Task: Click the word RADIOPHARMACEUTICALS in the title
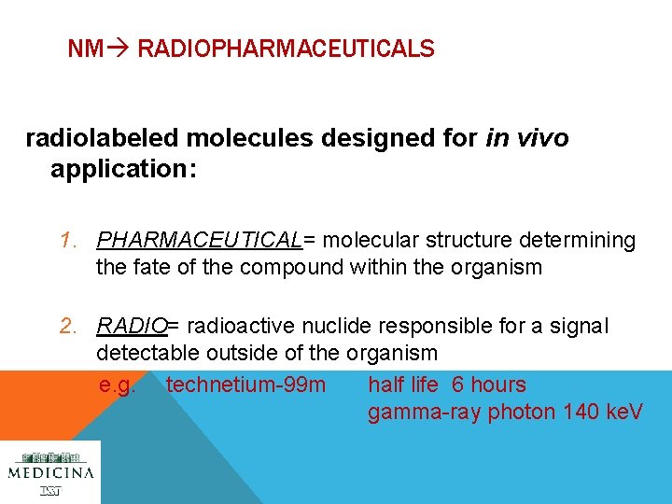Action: (286, 49)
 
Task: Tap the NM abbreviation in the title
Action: (85, 49)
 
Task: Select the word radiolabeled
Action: (102, 139)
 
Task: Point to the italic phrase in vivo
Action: (527, 139)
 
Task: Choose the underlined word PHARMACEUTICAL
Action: (200, 241)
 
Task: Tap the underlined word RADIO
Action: (131, 326)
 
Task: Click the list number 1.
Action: (66, 241)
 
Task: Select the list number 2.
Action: (66, 326)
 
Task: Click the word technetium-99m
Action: (245, 385)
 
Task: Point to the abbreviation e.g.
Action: (118, 385)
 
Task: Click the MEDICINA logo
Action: (50, 472)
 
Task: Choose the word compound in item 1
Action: (292, 268)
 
